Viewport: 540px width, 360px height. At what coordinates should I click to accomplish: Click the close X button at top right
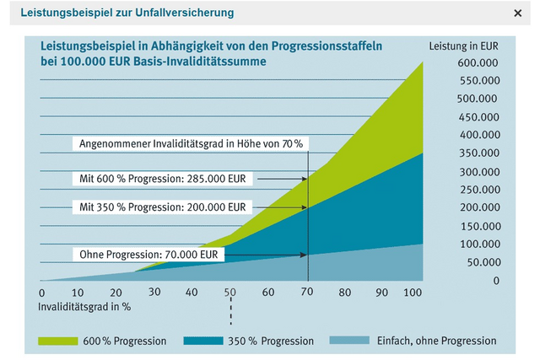point(517,13)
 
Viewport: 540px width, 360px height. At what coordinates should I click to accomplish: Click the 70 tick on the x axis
point(307,292)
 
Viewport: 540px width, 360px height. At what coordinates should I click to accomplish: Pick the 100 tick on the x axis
point(413,292)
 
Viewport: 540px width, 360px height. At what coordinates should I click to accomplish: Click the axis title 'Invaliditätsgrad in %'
point(84,306)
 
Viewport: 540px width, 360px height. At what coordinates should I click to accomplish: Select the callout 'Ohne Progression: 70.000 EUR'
point(148,253)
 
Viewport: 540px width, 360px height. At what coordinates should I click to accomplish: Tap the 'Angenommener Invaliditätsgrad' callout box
point(191,144)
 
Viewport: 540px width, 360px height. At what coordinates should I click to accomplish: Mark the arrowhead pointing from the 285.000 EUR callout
point(304,179)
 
